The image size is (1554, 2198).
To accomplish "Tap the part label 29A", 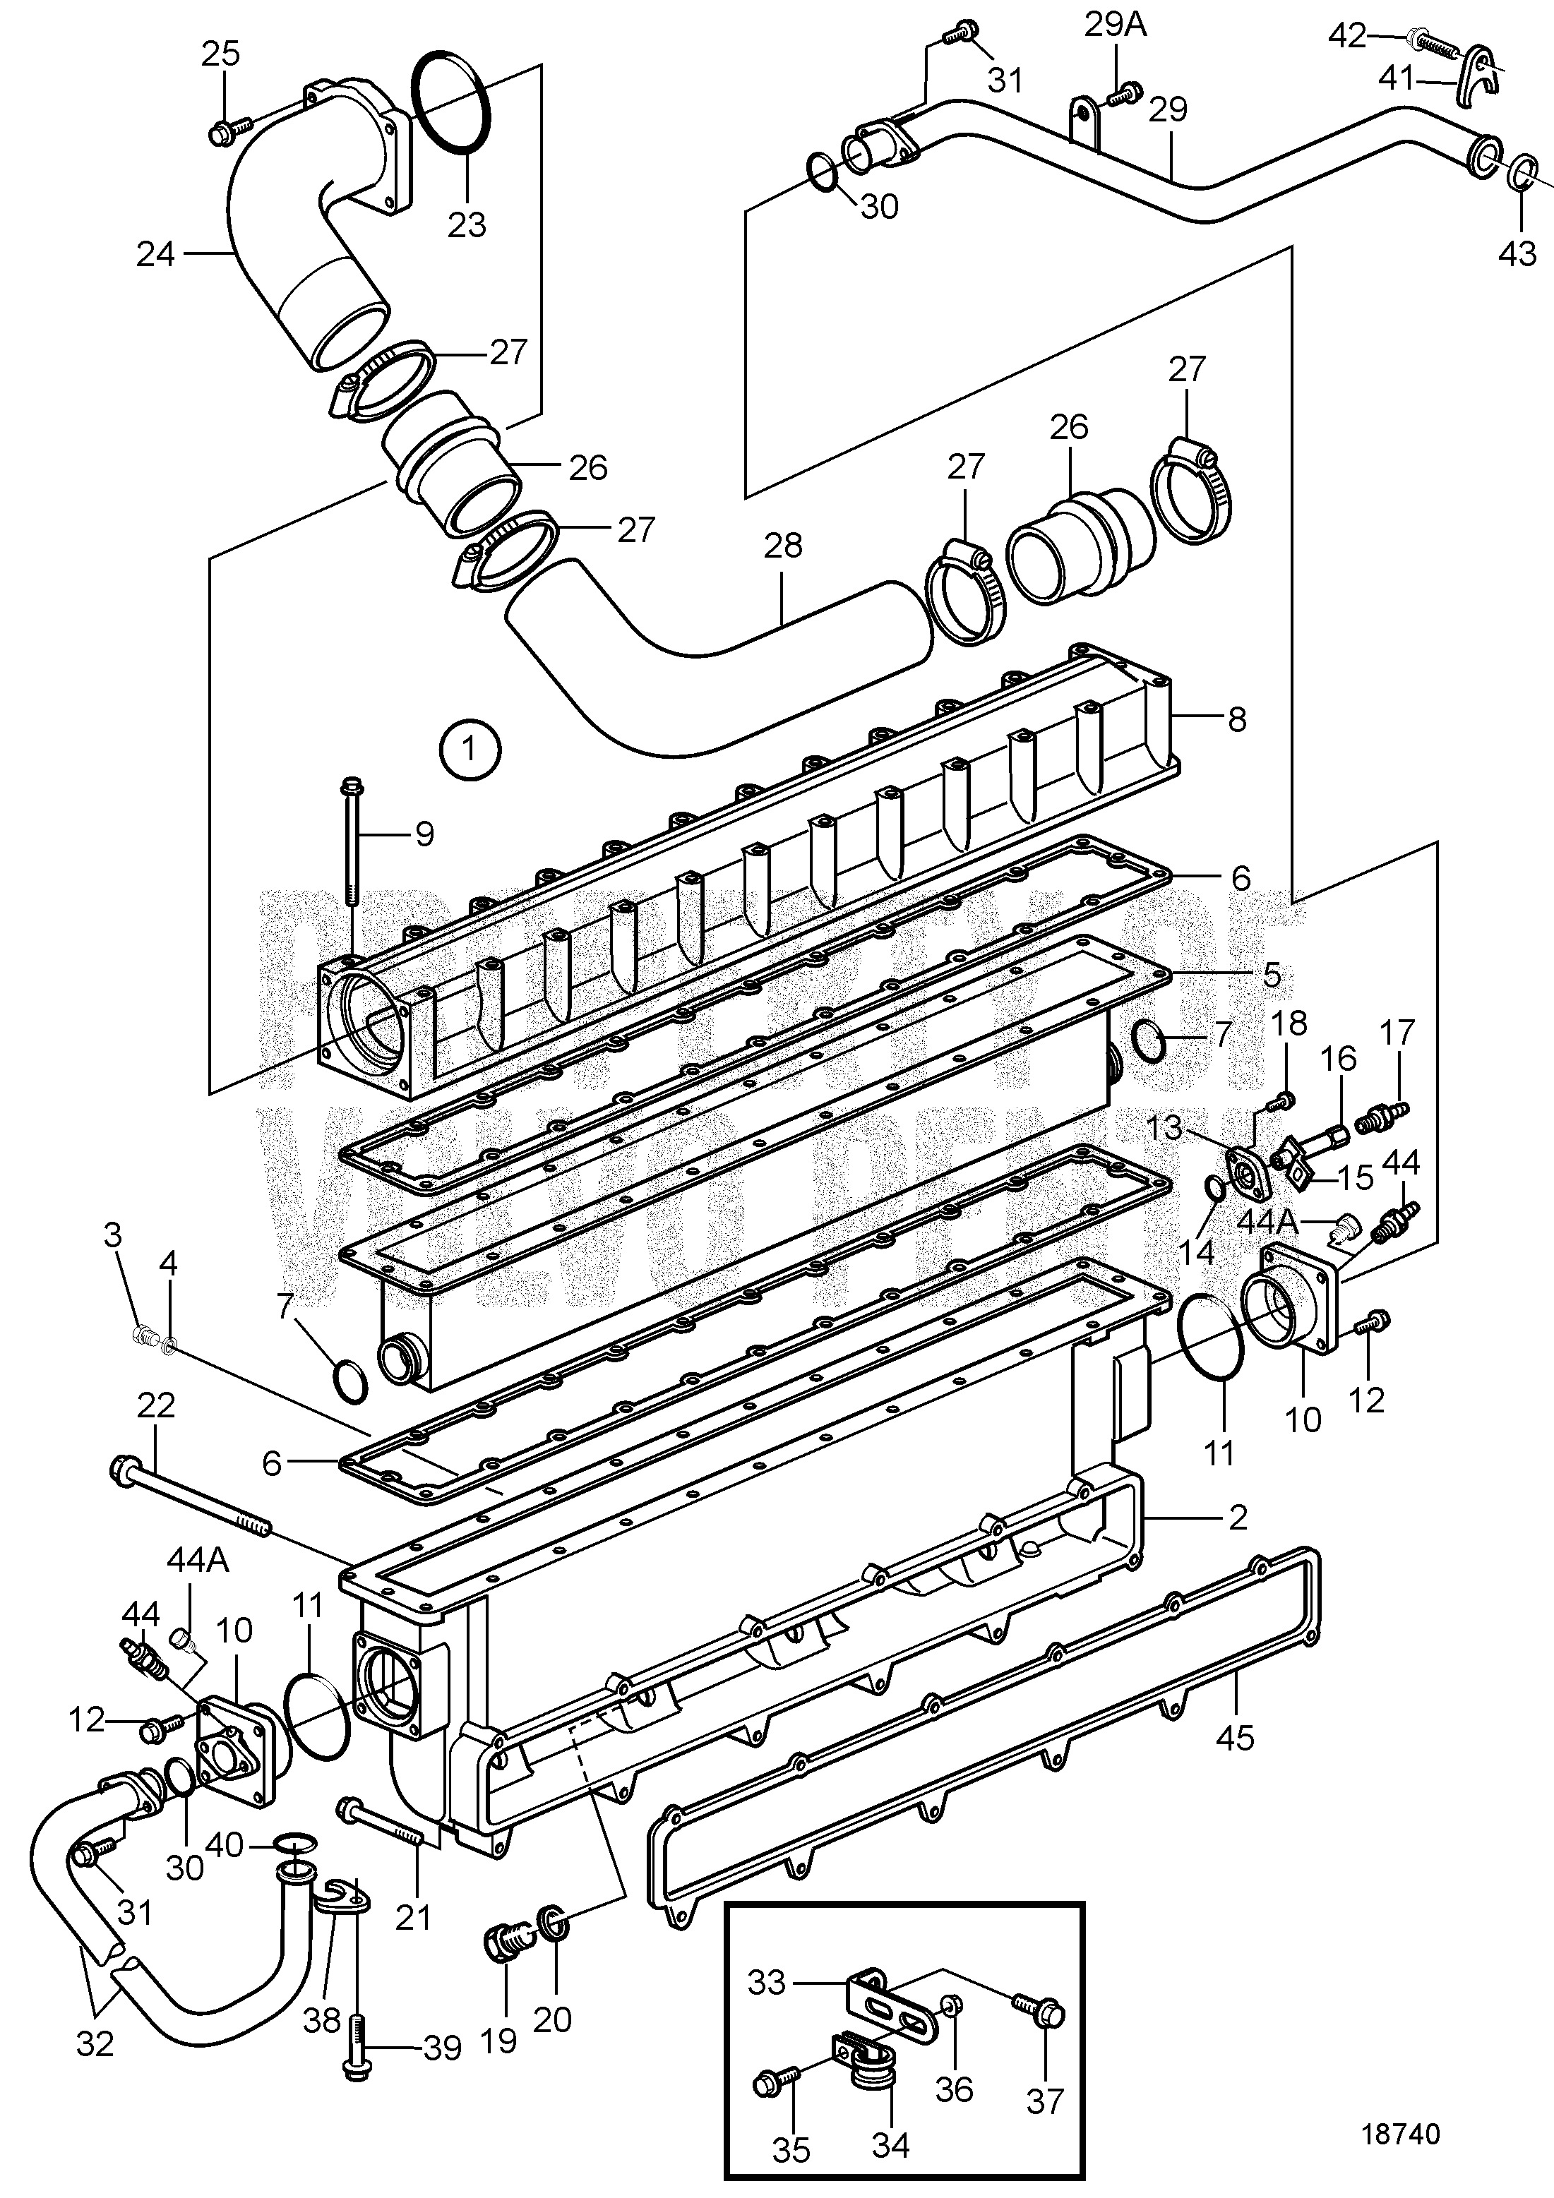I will coord(1115,25).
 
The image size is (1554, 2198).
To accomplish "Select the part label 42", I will coord(1348,37).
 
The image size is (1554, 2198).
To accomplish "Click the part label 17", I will coord(1397,1032).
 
